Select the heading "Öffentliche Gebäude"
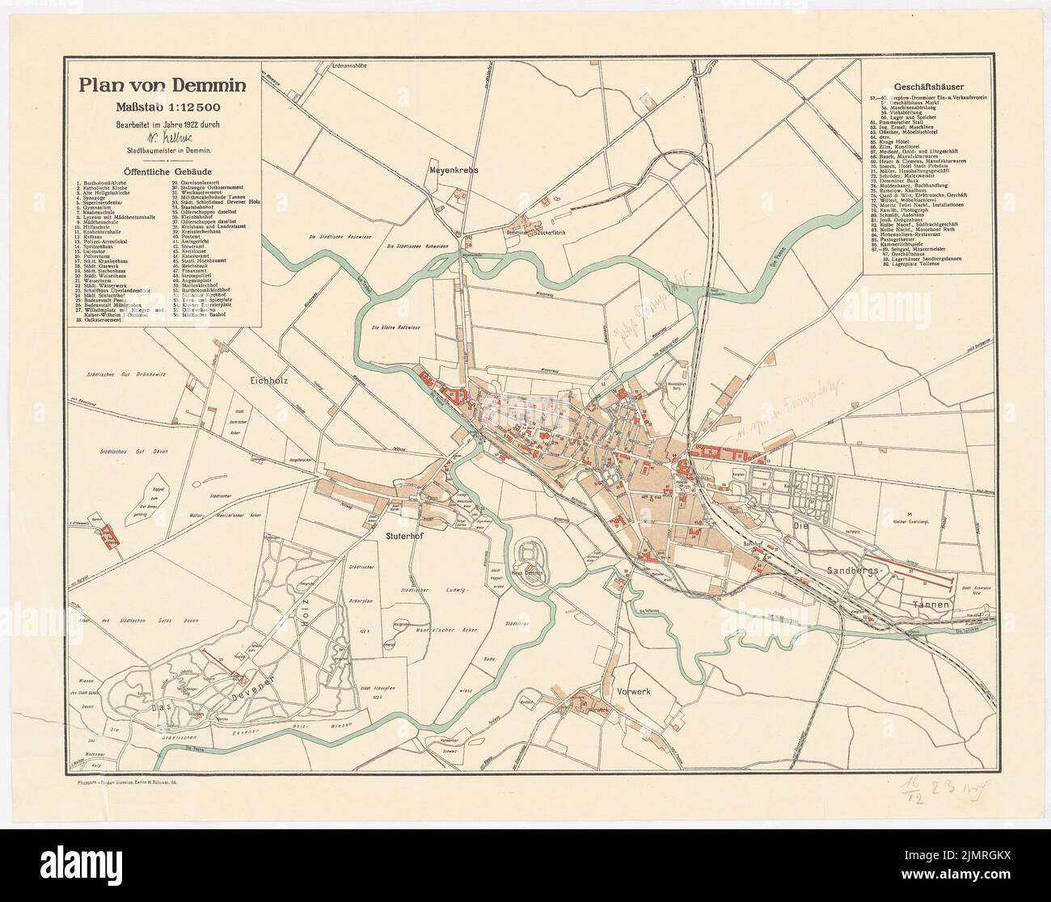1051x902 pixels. point(163,171)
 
